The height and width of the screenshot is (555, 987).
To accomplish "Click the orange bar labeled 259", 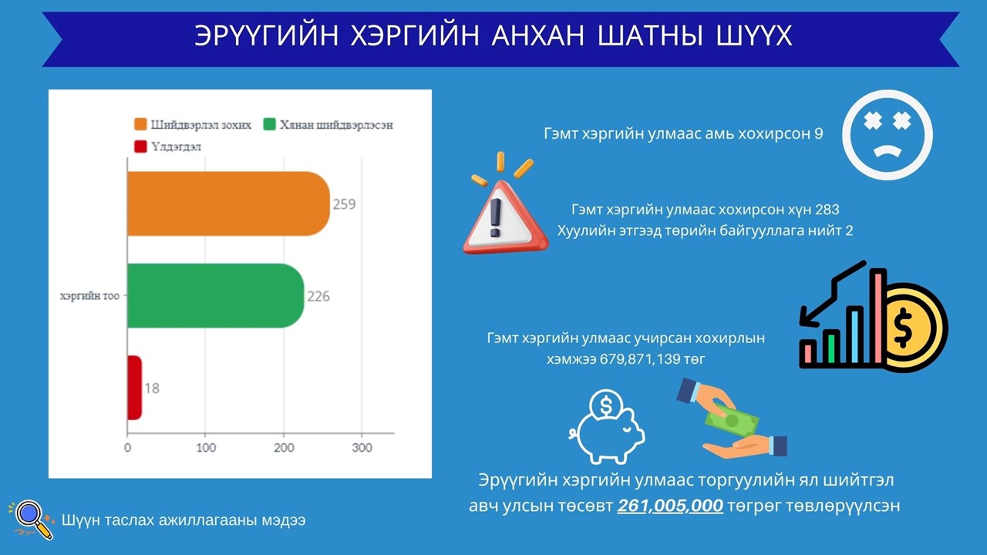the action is [x=228, y=203].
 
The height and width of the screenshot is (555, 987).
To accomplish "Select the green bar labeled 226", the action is [x=215, y=295].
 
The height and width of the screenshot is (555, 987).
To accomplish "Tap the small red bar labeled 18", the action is [x=134, y=388].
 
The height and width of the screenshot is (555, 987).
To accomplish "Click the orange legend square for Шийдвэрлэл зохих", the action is [x=140, y=124].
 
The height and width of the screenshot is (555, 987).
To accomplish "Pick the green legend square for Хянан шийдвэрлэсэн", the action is [x=269, y=124].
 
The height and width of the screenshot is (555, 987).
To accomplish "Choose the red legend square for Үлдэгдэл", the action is [x=140, y=146].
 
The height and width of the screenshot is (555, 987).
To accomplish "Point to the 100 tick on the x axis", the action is [x=206, y=448].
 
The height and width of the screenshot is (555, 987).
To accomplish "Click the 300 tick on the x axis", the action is [x=362, y=448].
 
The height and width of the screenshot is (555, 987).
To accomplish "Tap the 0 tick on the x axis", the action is [x=127, y=448].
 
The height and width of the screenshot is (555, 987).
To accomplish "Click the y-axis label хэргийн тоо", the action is [x=90, y=296].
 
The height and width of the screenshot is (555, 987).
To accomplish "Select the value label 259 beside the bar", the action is [x=344, y=204].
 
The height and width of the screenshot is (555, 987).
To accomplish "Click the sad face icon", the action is [x=888, y=135].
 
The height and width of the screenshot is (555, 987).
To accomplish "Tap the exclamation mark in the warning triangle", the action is [x=496, y=218].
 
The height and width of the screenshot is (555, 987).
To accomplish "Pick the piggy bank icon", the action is [x=607, y=426].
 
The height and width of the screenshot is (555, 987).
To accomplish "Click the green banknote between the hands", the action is [x=732, y=420].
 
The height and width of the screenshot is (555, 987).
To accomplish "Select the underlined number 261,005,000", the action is [x=670, y=506].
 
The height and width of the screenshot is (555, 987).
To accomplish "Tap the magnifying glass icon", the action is [x=32, y=520].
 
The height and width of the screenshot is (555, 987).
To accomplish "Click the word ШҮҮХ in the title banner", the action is [x=754, y=35].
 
